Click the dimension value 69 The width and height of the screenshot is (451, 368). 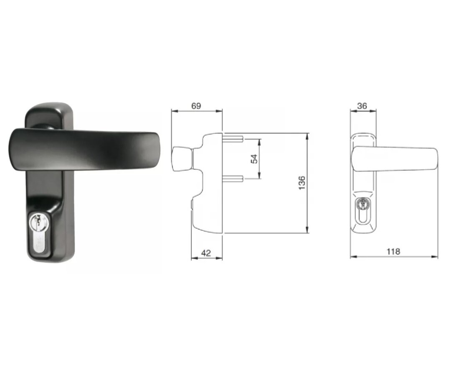click(x=196, y=106)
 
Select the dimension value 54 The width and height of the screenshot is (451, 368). click(x=254, y=158)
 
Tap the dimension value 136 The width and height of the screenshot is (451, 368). click(x=302, y=183)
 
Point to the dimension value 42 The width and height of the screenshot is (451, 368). click(x=206, y=253)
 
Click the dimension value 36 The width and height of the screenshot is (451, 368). click(x=362, y=106)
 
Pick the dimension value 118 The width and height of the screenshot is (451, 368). click(x=393, y=252)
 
